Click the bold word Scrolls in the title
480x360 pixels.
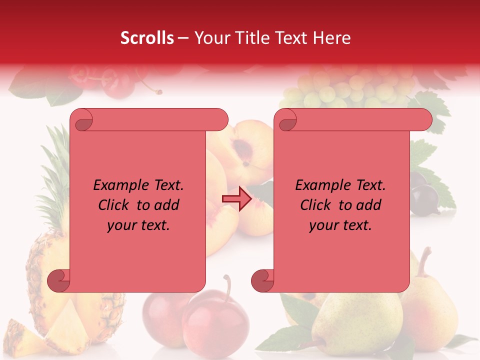pos(147,38)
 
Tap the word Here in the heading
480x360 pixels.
pos(331,38)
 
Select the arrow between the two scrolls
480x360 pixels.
pos(236,198)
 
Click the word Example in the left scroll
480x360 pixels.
pos(116,185)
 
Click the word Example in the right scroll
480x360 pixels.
pos(318,185)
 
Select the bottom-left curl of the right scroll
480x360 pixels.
pos(262,280)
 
